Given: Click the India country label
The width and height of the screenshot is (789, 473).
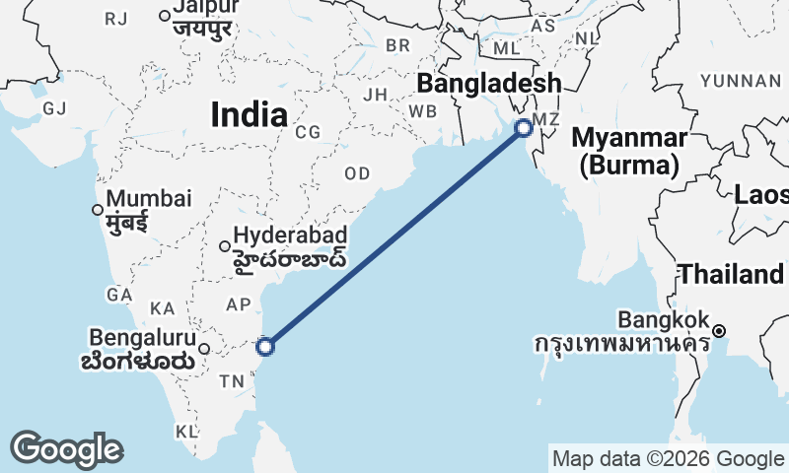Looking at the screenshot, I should coord(249,115).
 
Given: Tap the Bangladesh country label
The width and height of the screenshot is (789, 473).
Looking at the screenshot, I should coord(489,83).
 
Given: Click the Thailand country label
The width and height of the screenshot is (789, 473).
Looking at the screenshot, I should coord(731,274).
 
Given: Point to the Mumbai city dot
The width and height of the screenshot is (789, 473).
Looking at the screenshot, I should coord(97,209).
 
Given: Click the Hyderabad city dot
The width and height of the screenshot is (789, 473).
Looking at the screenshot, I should coord(225,246).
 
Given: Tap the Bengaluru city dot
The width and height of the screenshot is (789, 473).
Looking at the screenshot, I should coord(204,348).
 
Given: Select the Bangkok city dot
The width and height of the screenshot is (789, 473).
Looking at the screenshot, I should coord(720,330).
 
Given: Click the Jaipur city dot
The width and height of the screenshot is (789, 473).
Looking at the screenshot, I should coord(165,15).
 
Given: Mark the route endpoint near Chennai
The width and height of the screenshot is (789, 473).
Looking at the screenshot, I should coord(264,346).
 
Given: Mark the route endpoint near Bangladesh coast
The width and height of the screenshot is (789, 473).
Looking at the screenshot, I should coord(524,126).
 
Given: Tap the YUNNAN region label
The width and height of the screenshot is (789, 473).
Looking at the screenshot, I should coord(739,80).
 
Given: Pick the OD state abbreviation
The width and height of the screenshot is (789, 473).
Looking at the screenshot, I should coord(357,173).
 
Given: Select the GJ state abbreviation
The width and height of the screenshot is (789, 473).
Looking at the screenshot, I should coord(54,107).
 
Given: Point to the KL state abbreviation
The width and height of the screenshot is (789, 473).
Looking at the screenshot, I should coord(186,432).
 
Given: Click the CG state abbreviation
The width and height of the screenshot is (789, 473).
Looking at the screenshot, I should coord(308,131).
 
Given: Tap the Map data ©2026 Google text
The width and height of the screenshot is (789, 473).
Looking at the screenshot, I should coord(667,458).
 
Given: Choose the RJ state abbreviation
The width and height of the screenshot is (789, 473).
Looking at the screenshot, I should coord(116,19).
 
